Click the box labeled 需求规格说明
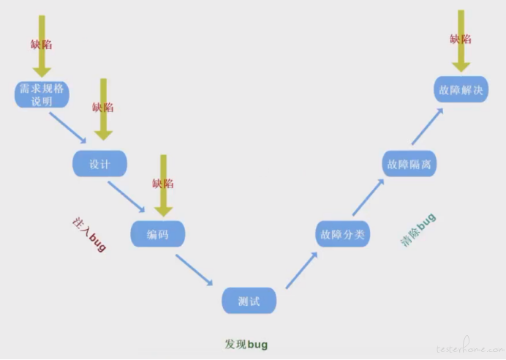42,94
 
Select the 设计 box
99,164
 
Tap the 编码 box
157,234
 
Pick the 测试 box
249,301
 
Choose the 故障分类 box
343,234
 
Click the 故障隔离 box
410,164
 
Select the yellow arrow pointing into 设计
104,110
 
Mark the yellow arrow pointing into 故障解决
461,40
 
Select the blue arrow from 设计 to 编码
126,194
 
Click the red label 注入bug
90,234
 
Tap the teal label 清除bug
418,229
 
